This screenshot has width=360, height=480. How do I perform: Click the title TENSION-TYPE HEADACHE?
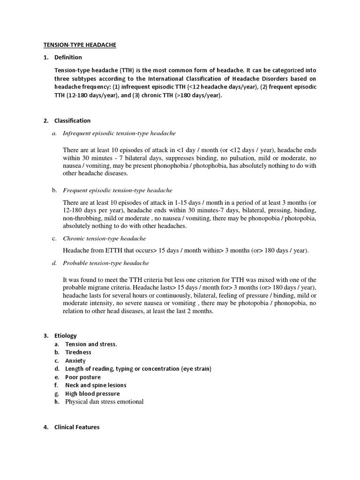80,45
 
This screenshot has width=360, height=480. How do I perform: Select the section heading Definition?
68,57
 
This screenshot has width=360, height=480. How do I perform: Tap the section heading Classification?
72,120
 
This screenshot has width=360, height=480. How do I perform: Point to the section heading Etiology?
65,336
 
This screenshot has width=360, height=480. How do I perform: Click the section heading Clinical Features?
77,427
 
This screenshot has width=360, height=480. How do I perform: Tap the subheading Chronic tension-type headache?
105,239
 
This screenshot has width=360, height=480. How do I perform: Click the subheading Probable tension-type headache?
106,263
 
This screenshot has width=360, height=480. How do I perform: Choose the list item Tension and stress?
91,344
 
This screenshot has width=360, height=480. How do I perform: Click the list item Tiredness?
78,352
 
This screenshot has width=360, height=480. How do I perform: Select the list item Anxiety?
75,360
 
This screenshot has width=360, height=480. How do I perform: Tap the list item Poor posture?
83,377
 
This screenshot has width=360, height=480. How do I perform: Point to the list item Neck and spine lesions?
96,385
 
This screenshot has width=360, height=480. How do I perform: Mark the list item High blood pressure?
92,393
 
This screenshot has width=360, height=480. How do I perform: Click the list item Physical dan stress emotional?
104,402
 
